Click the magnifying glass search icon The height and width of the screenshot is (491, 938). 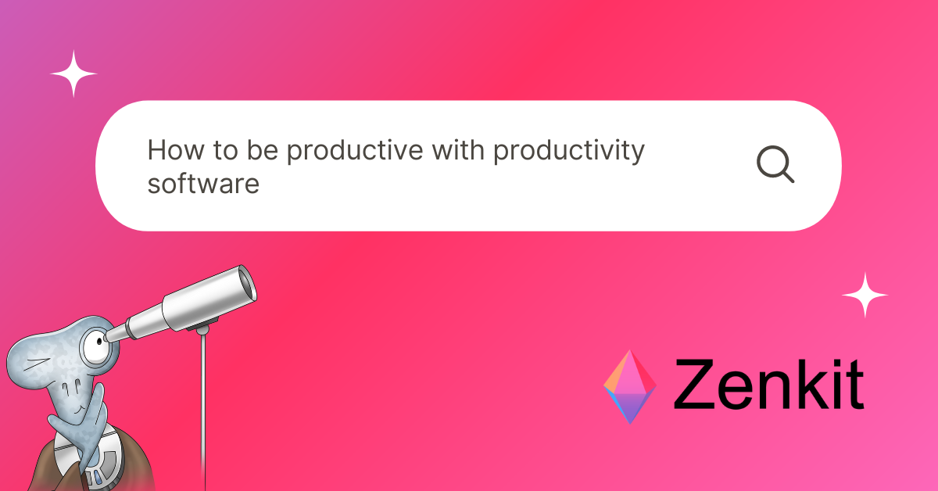coord(775,165)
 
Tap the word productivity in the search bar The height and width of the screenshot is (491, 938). coord(569,151)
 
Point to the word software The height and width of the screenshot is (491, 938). coord(203,185)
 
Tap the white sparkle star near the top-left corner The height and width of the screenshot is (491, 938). coord(73,74)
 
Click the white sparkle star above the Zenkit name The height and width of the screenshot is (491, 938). coord(865,296)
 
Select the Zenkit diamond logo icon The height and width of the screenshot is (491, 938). coord(630,386)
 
